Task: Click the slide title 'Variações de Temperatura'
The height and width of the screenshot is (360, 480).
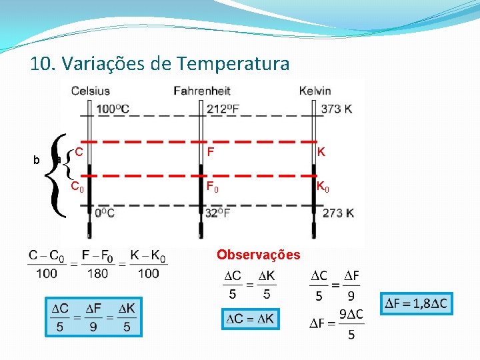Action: tap(160, 64)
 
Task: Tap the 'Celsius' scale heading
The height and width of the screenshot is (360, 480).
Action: tap(91, 91)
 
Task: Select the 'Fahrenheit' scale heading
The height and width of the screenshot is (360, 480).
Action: tap(202, 91)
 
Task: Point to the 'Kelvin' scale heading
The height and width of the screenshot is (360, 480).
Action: tap(315, 91)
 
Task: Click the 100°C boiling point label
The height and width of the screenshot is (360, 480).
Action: tap(113, 109)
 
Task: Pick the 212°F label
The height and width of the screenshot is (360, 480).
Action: tap(225, 109)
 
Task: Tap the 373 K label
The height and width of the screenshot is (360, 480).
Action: tap(337, 109)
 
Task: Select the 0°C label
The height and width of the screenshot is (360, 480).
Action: tap(105, 213)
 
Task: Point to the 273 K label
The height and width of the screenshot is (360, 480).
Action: tap(337, 213)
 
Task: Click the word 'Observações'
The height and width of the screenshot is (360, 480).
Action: tap(259, 255)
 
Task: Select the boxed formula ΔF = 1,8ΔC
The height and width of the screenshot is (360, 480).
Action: tap(417, 304)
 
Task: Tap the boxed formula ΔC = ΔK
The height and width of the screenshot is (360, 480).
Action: tap(249, 319)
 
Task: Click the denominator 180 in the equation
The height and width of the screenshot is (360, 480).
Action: tap(99, 273)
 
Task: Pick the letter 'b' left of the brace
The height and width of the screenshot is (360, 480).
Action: tap(37, 160)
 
